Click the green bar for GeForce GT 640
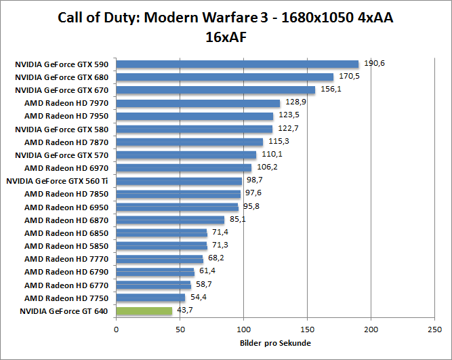[x=144, y=311]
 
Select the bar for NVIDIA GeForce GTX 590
[x=237, y=64]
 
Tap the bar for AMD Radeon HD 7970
[x=198, y=103]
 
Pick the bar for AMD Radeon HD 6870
[x=170, y=220]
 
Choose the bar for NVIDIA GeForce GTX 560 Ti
[x=179, y=181]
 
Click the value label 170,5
[x=350, y=76]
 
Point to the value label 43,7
[x=186, y=310]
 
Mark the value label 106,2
[x=266, y=167]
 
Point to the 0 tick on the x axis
[x=117, y=329]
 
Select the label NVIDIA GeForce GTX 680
[x=62, y=77]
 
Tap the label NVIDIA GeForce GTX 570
[x=62, y=155]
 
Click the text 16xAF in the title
[x=226, y=37]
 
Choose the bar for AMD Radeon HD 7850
[x=178, y=194]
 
